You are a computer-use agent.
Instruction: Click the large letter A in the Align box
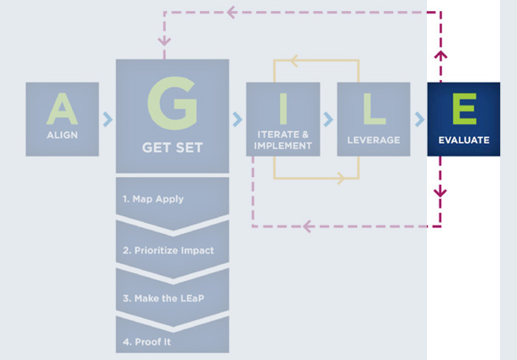(62, 109)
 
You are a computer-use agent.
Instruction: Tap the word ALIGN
(62, 135)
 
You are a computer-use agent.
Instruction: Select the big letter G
(172, 101)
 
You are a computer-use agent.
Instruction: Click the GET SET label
(172, 147)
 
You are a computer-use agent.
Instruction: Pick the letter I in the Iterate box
(282, 108)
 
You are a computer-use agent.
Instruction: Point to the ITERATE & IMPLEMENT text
(282, 140)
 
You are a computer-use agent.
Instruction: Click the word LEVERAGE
(372, 140)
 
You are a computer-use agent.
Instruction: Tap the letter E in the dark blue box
(463, 109)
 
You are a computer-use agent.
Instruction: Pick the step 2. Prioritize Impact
(167, 250)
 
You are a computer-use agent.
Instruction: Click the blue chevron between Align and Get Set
(107, 119)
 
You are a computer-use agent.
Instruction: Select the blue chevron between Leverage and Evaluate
(418, 119)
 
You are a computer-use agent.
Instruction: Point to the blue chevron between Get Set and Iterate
(236, 119)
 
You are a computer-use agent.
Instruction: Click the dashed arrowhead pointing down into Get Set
(164, 40)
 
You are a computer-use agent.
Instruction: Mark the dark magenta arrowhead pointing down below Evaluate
(440, 191)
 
